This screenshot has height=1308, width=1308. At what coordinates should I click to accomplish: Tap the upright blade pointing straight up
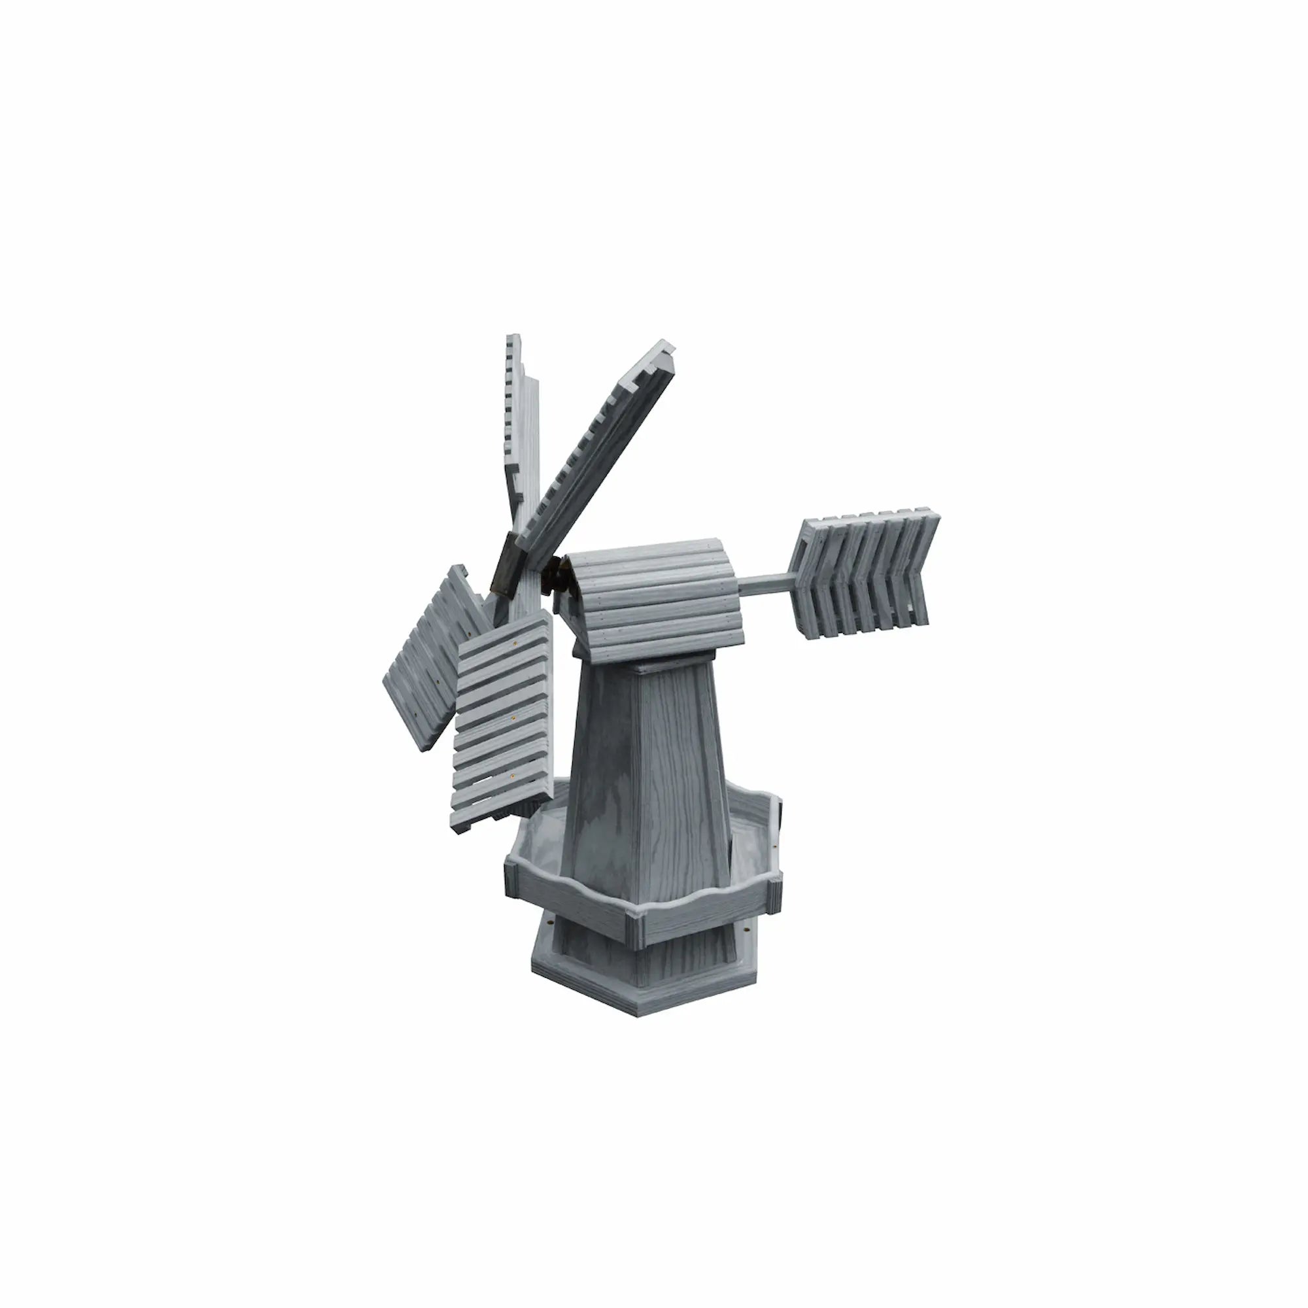click(521, 434)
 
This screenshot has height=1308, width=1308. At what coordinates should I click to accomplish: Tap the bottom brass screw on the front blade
click(513, 777)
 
